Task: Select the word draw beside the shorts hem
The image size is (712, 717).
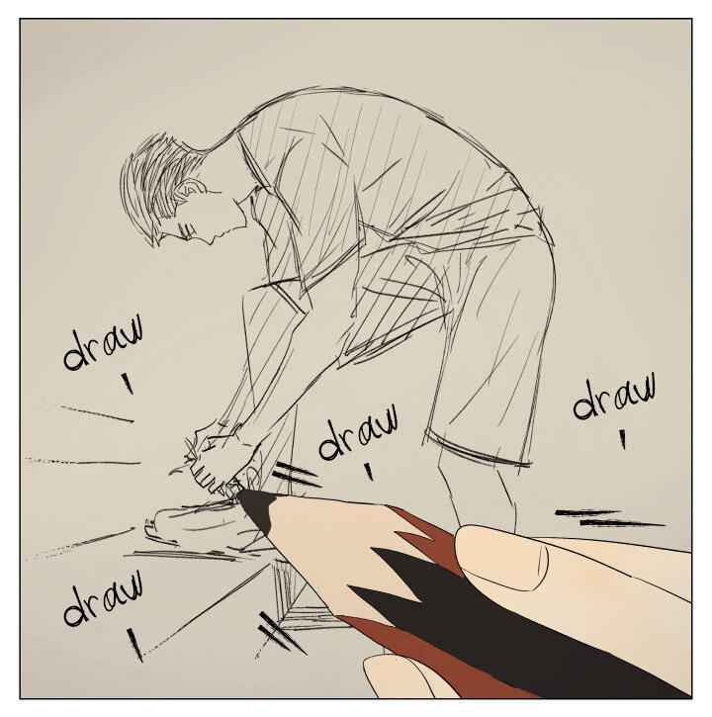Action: pyautogui.click(x=614, y=395)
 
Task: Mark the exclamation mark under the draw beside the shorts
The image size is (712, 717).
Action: pyautogui.click(x=622, y=439)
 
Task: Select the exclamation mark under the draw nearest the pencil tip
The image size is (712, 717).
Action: pyautogui.click(x=369, y=472)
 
